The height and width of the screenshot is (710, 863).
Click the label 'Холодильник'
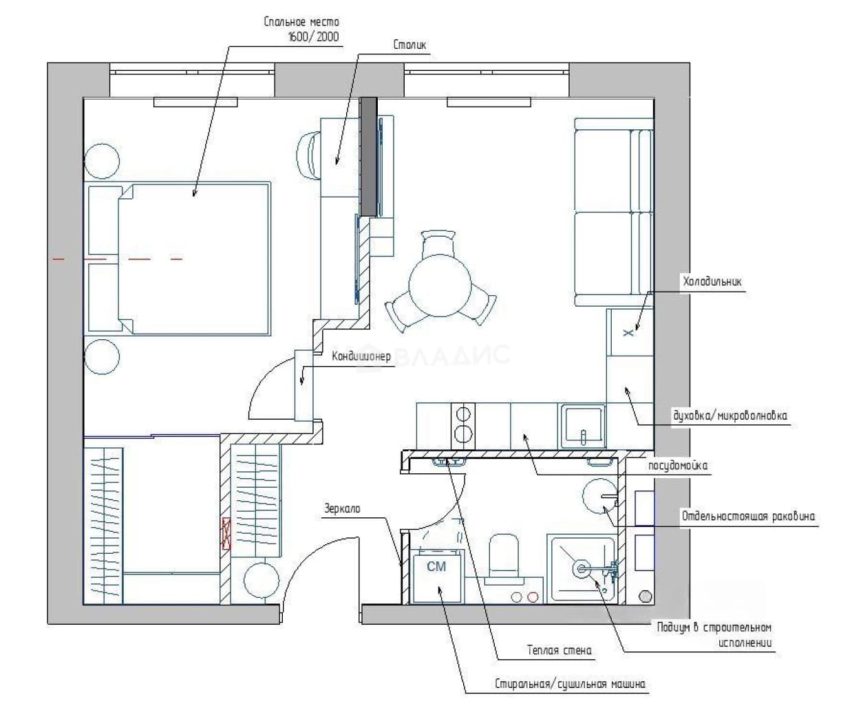[x=712, y=282]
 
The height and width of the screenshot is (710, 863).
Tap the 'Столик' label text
[x=409, y=45]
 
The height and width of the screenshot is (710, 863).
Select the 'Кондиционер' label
[x=361, y=356]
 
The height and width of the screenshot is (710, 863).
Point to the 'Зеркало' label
[x=342, y=508]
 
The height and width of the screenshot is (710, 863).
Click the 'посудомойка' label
[x=678, y=466]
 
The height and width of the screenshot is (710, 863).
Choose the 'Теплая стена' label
[x=559, y=650]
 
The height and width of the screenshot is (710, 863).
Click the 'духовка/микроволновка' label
[x=730, y=416]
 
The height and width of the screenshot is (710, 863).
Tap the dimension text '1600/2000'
[x=314, y=37]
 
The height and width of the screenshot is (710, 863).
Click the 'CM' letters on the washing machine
[x=436, y=566]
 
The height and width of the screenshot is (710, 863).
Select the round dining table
[x=440, y=286]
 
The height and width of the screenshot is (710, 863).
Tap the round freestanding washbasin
[x=600, y=496]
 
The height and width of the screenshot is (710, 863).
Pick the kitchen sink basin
[x=583, y=426]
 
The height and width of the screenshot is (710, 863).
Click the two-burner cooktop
[x=463, y=426]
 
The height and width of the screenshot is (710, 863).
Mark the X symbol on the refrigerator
[x=628, y=333]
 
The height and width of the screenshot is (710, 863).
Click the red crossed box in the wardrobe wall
[x=226, y=534]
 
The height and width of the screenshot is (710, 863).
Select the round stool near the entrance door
[x=262, y=580]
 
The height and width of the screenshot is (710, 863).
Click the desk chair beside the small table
[x=309, y=155]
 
